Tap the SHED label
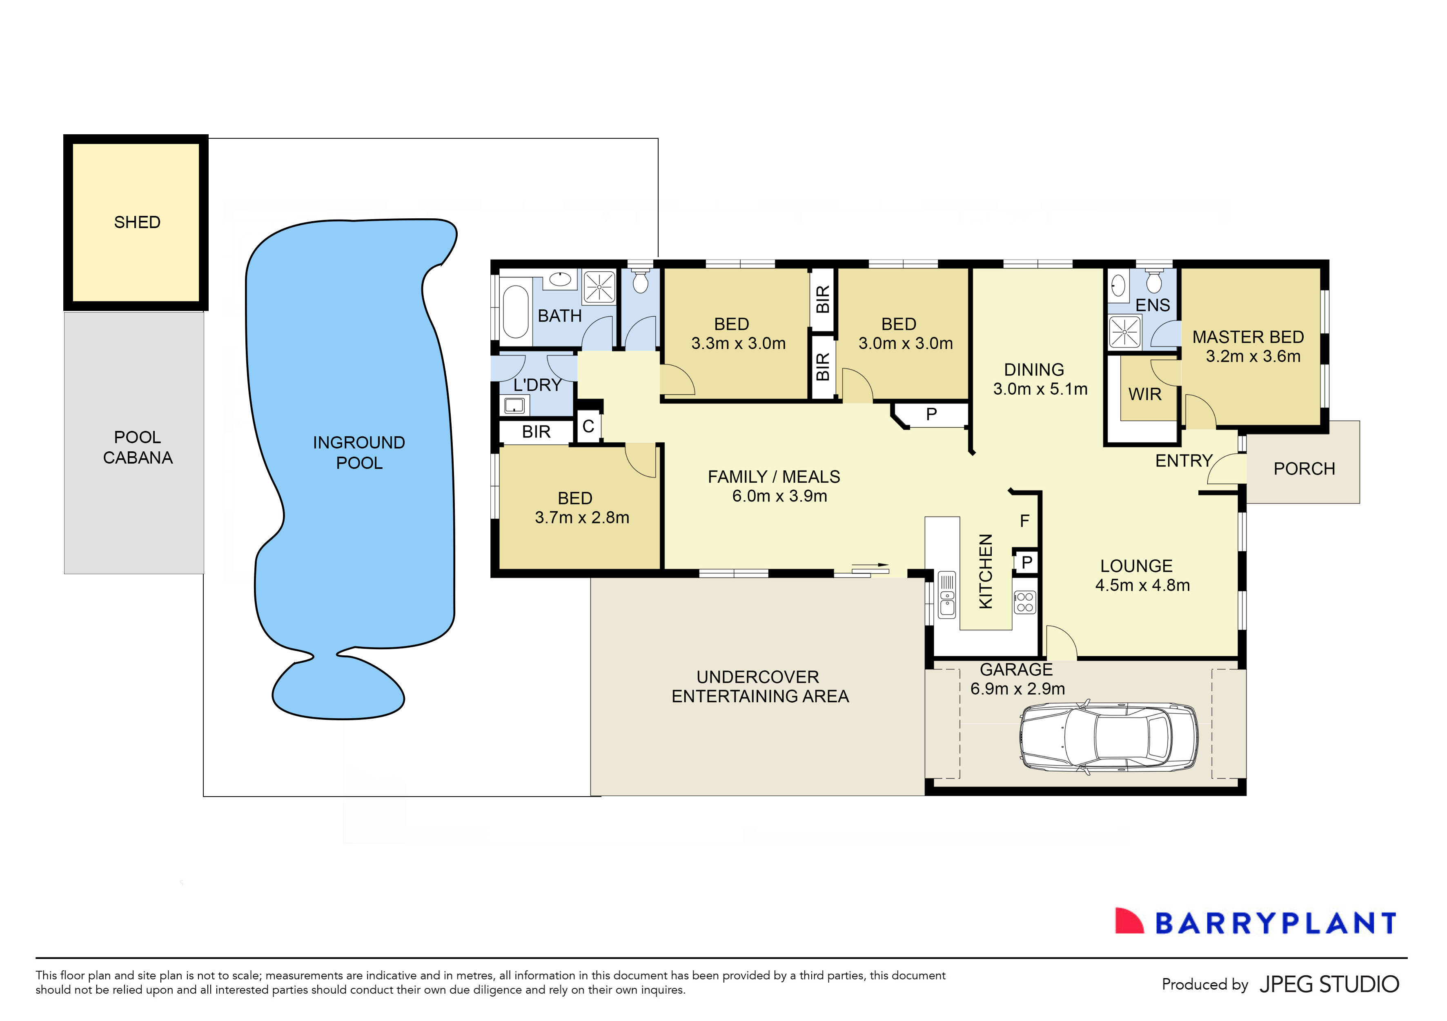137,222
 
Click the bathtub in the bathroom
516,312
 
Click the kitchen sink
946,596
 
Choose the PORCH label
1304,468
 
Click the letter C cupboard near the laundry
588,426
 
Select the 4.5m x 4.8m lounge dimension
1142,585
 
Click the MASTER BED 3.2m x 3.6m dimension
1253,357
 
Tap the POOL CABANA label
137,447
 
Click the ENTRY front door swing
1226,469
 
